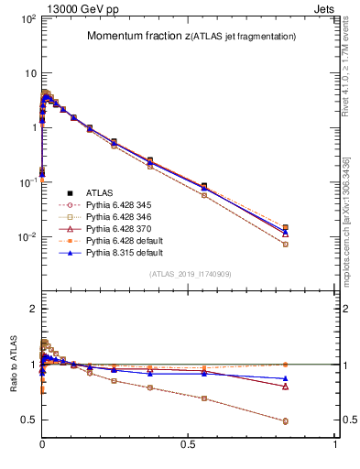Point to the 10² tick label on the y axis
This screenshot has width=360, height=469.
27,18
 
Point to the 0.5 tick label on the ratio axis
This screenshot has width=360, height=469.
27,420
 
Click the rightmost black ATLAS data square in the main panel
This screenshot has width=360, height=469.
286,227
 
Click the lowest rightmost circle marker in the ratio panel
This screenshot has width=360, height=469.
286,421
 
